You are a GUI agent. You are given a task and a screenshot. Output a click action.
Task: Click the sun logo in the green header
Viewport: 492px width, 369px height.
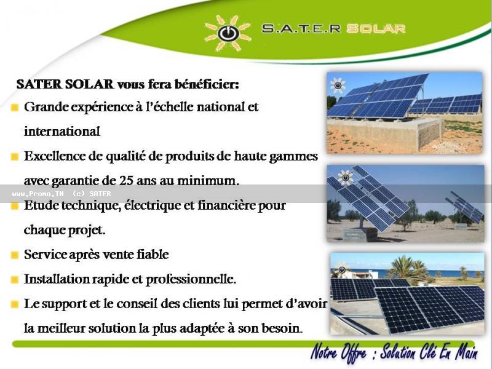[228, 33]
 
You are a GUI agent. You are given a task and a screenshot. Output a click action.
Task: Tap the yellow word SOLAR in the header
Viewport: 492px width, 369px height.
[376, 29]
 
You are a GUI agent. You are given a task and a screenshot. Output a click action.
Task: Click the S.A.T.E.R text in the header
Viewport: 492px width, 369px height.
[301, 28]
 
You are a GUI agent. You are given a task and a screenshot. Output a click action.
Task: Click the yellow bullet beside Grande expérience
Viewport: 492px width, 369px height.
[14, 108]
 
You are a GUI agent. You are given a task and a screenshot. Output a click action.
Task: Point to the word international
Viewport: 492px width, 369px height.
[62, 132]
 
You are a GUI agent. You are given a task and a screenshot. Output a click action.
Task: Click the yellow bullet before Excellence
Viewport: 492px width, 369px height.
[14, 157]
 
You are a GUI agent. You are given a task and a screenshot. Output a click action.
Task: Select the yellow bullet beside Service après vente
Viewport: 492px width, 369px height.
[14, 255]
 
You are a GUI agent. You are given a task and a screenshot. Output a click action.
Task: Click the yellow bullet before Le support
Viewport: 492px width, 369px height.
[14, 304]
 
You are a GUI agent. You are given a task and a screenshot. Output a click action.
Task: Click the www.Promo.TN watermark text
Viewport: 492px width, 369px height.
[38, 194]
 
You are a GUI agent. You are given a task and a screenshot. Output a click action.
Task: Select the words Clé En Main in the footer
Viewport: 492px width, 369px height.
[445, 352]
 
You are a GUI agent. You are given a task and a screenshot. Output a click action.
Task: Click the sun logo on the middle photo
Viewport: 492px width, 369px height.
[345, 178]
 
